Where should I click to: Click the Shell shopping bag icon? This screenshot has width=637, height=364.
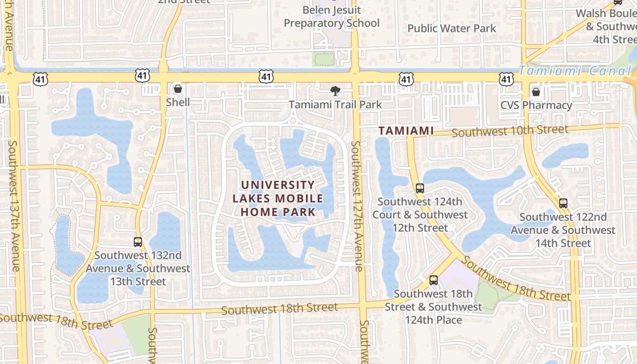pos(178,88)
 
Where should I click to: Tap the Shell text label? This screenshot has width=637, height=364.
pos(178,102)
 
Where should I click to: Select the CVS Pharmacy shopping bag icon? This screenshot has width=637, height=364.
pos(536,92)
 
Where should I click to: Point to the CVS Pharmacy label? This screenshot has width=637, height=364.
pos(536,106)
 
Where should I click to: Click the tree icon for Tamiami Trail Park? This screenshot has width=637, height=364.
pos(335,91)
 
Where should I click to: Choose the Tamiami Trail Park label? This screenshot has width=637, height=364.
pos(335,105)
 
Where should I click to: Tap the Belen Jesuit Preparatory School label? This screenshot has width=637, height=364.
pos(332,16)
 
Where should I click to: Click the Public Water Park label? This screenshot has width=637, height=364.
pos(451,28)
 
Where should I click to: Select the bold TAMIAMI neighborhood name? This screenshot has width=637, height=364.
pos(406,131)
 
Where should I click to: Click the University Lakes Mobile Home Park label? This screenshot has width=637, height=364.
pos(278,198)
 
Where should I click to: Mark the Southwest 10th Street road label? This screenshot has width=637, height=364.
pos(510,131)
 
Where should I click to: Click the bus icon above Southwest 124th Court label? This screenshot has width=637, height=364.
pos(420,188)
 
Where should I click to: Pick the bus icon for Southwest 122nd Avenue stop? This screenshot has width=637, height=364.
pos(563,203)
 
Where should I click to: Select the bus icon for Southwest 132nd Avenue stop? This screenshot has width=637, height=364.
pos(138,242)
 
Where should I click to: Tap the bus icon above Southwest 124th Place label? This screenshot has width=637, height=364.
pos(434,280)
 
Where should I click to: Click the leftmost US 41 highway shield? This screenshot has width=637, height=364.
pos(40,79)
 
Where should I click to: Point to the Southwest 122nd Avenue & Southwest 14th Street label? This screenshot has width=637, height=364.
pos(563,230)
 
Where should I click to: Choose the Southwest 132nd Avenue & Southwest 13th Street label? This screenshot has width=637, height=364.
pos(138,268)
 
